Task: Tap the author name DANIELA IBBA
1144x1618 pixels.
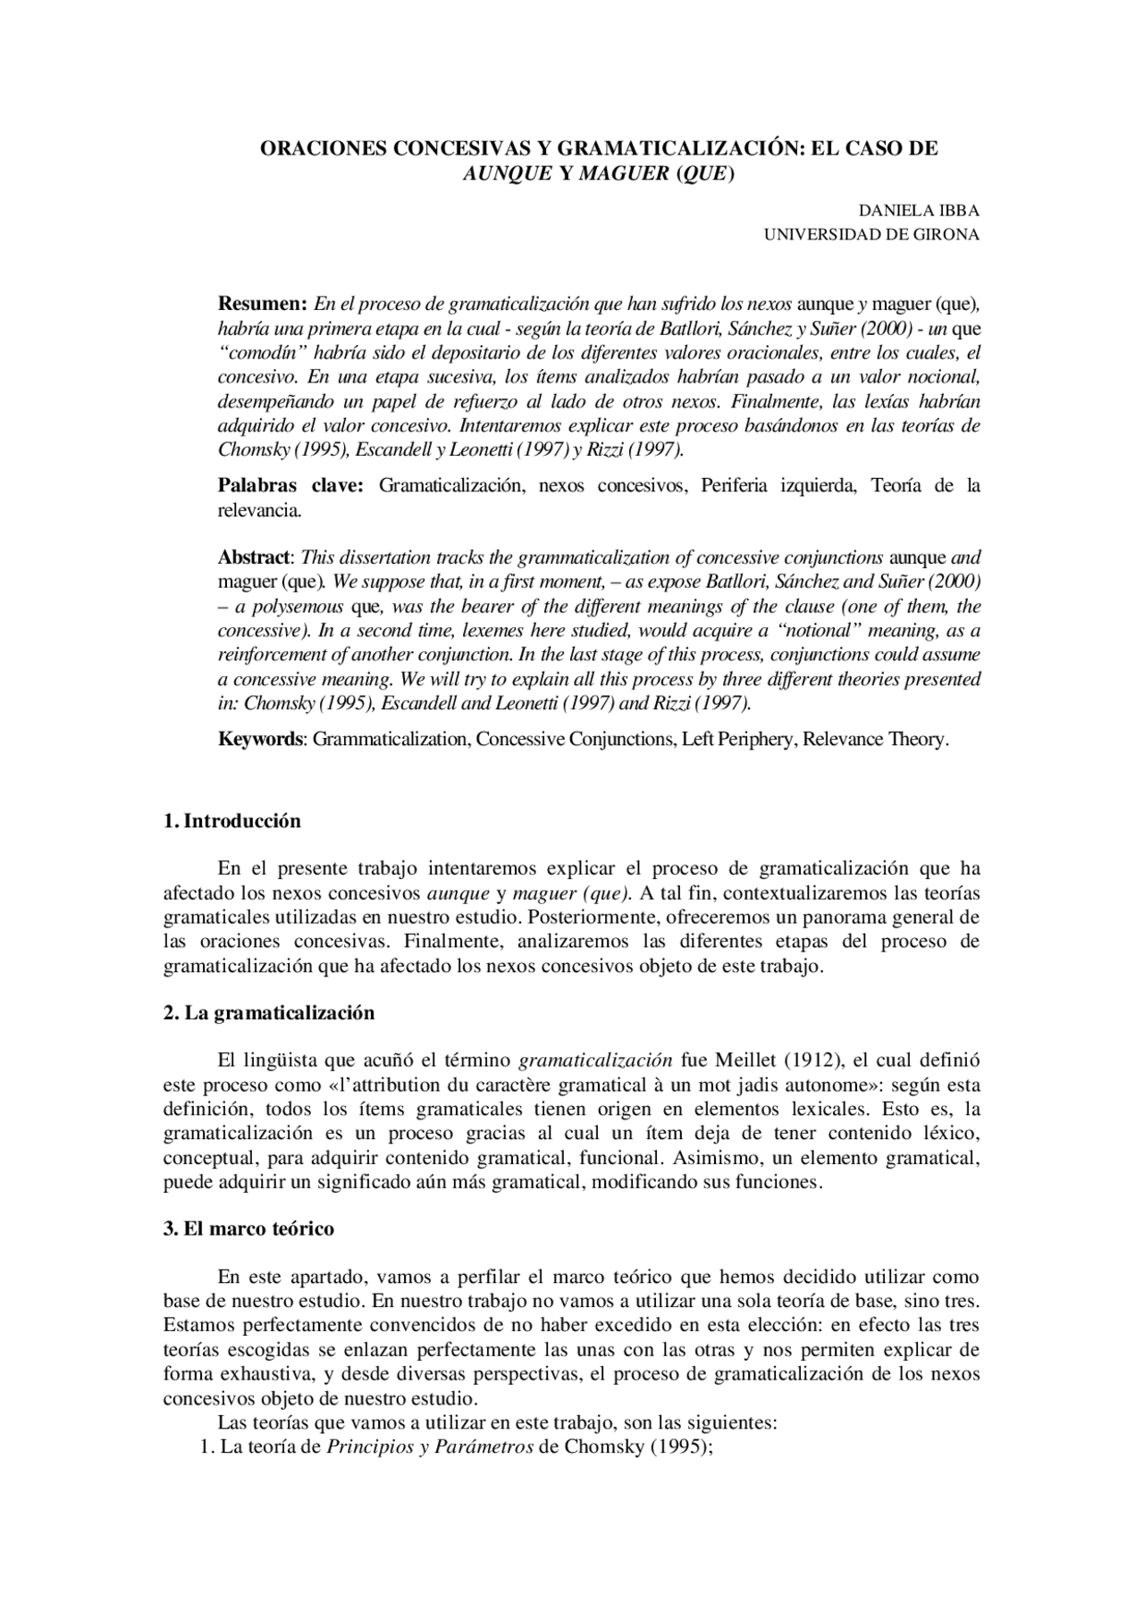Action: tap(919, 212)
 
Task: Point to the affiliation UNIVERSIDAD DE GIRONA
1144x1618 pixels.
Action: tap(871, 235)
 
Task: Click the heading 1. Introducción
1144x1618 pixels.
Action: tap(232, 821)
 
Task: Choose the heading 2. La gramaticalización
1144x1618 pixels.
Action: tap(269, 1013)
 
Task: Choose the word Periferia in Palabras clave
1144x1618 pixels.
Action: tap(740, 486)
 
